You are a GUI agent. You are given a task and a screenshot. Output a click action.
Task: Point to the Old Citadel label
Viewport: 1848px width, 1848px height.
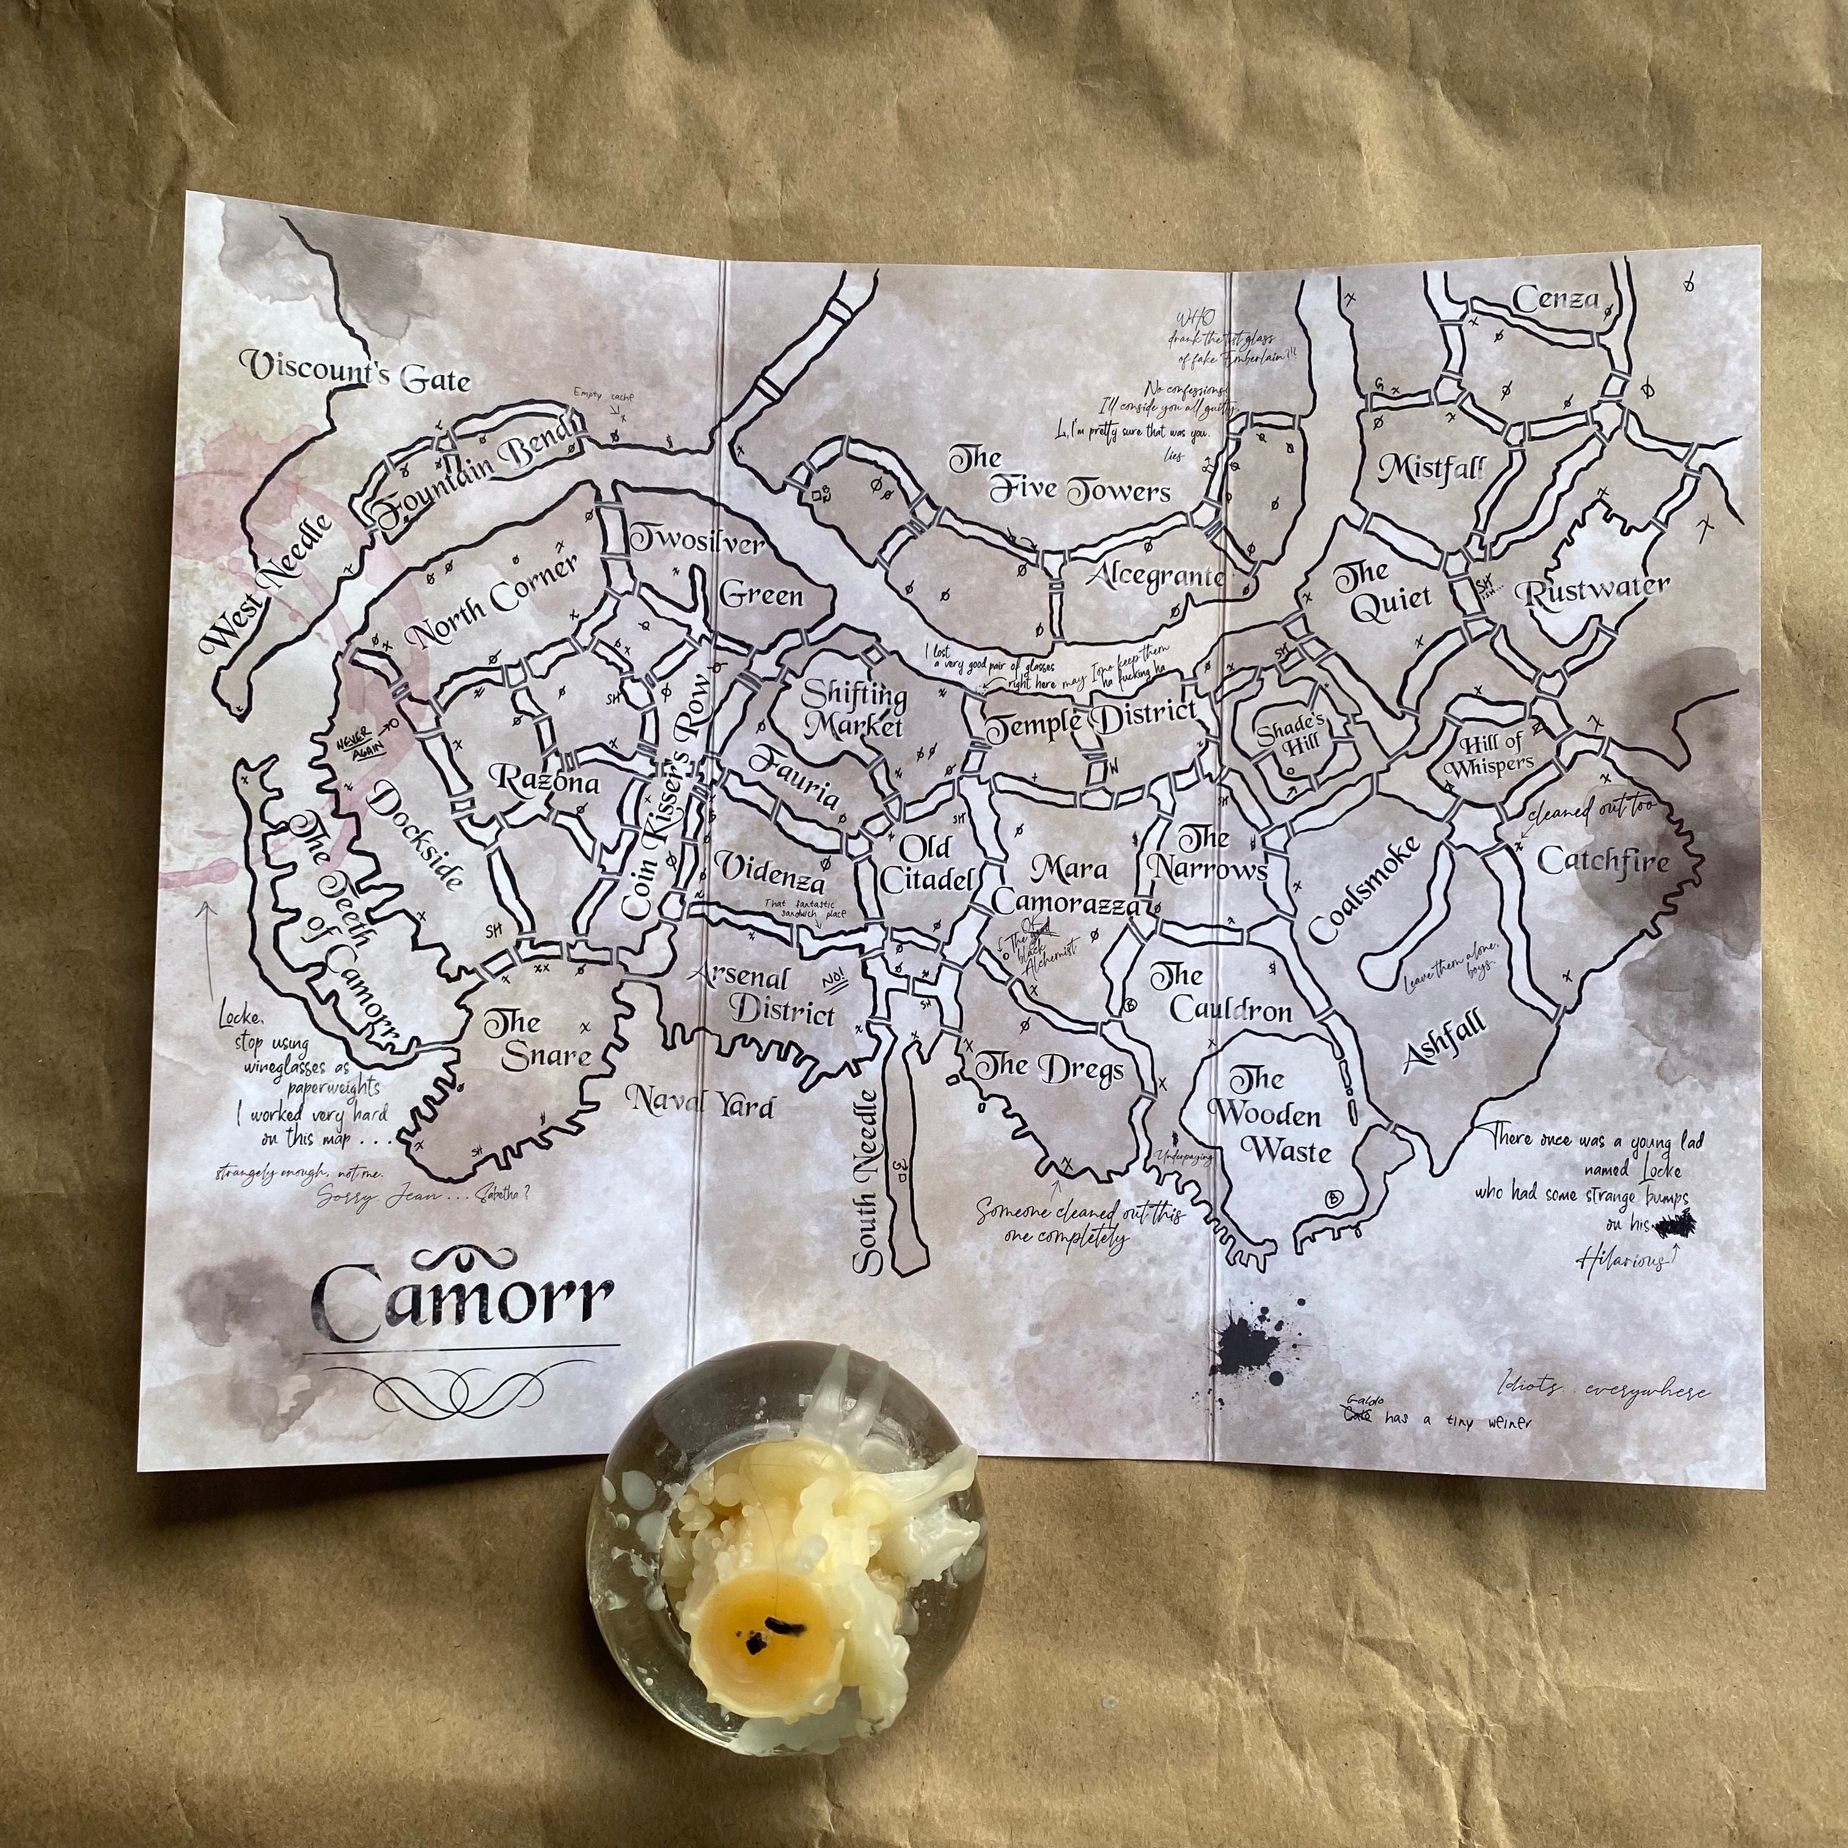926,863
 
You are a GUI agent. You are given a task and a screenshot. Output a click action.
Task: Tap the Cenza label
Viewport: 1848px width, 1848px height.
1557,299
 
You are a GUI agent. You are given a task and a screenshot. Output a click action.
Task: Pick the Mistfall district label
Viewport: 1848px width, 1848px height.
1432,468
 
